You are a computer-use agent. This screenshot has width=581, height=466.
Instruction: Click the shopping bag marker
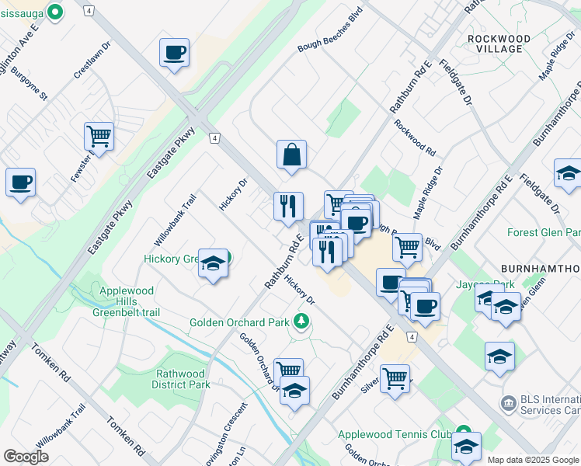(291, 155)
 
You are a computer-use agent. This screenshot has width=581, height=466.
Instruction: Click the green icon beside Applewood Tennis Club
(464, 432)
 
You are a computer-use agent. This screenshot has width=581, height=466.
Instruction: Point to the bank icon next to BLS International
(509, 402)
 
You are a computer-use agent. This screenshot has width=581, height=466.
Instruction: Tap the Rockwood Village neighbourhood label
(499, 43)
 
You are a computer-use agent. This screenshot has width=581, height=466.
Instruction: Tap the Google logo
(26, 456)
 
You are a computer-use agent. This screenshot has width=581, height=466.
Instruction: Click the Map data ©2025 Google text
(533, 460)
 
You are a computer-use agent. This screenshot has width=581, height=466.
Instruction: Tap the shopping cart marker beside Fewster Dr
(99, 137)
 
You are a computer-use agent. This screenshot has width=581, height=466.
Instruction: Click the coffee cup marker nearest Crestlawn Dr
(174, 53)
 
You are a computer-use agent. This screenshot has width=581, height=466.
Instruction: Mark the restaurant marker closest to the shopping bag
(288, 206)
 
